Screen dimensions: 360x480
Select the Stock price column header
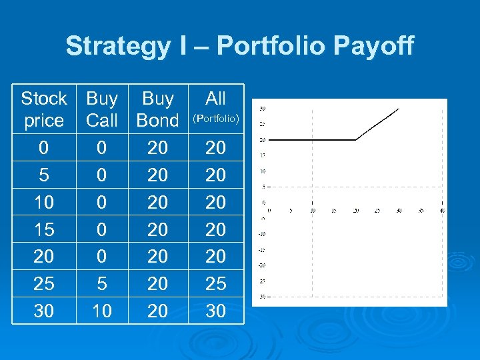coord(44,109)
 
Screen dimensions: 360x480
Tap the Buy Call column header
coord(102,109)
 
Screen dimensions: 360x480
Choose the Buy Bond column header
coord(158,109)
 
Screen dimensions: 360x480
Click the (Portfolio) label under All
coord(215,120)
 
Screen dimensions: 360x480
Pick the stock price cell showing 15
coord(44,229)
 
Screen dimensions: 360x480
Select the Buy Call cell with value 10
coord(102,311)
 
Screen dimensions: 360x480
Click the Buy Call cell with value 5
coord(102,283)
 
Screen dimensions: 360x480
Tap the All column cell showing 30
coord(215,311)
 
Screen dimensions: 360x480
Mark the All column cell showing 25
coord(215,283)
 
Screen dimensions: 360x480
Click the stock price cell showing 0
coord(44,147)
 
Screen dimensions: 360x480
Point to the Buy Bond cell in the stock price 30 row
coord(158,311)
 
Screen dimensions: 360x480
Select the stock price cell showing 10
coord(44,202)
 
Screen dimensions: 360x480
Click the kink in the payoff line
coord(356,140)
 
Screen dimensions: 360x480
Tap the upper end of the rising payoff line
coord(399,108)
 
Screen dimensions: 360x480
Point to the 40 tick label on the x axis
coord(442,211)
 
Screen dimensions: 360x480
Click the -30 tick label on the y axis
coord(262,296)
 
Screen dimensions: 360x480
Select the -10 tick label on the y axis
coord(262,233)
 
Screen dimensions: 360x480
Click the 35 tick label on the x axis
coord(420,211)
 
